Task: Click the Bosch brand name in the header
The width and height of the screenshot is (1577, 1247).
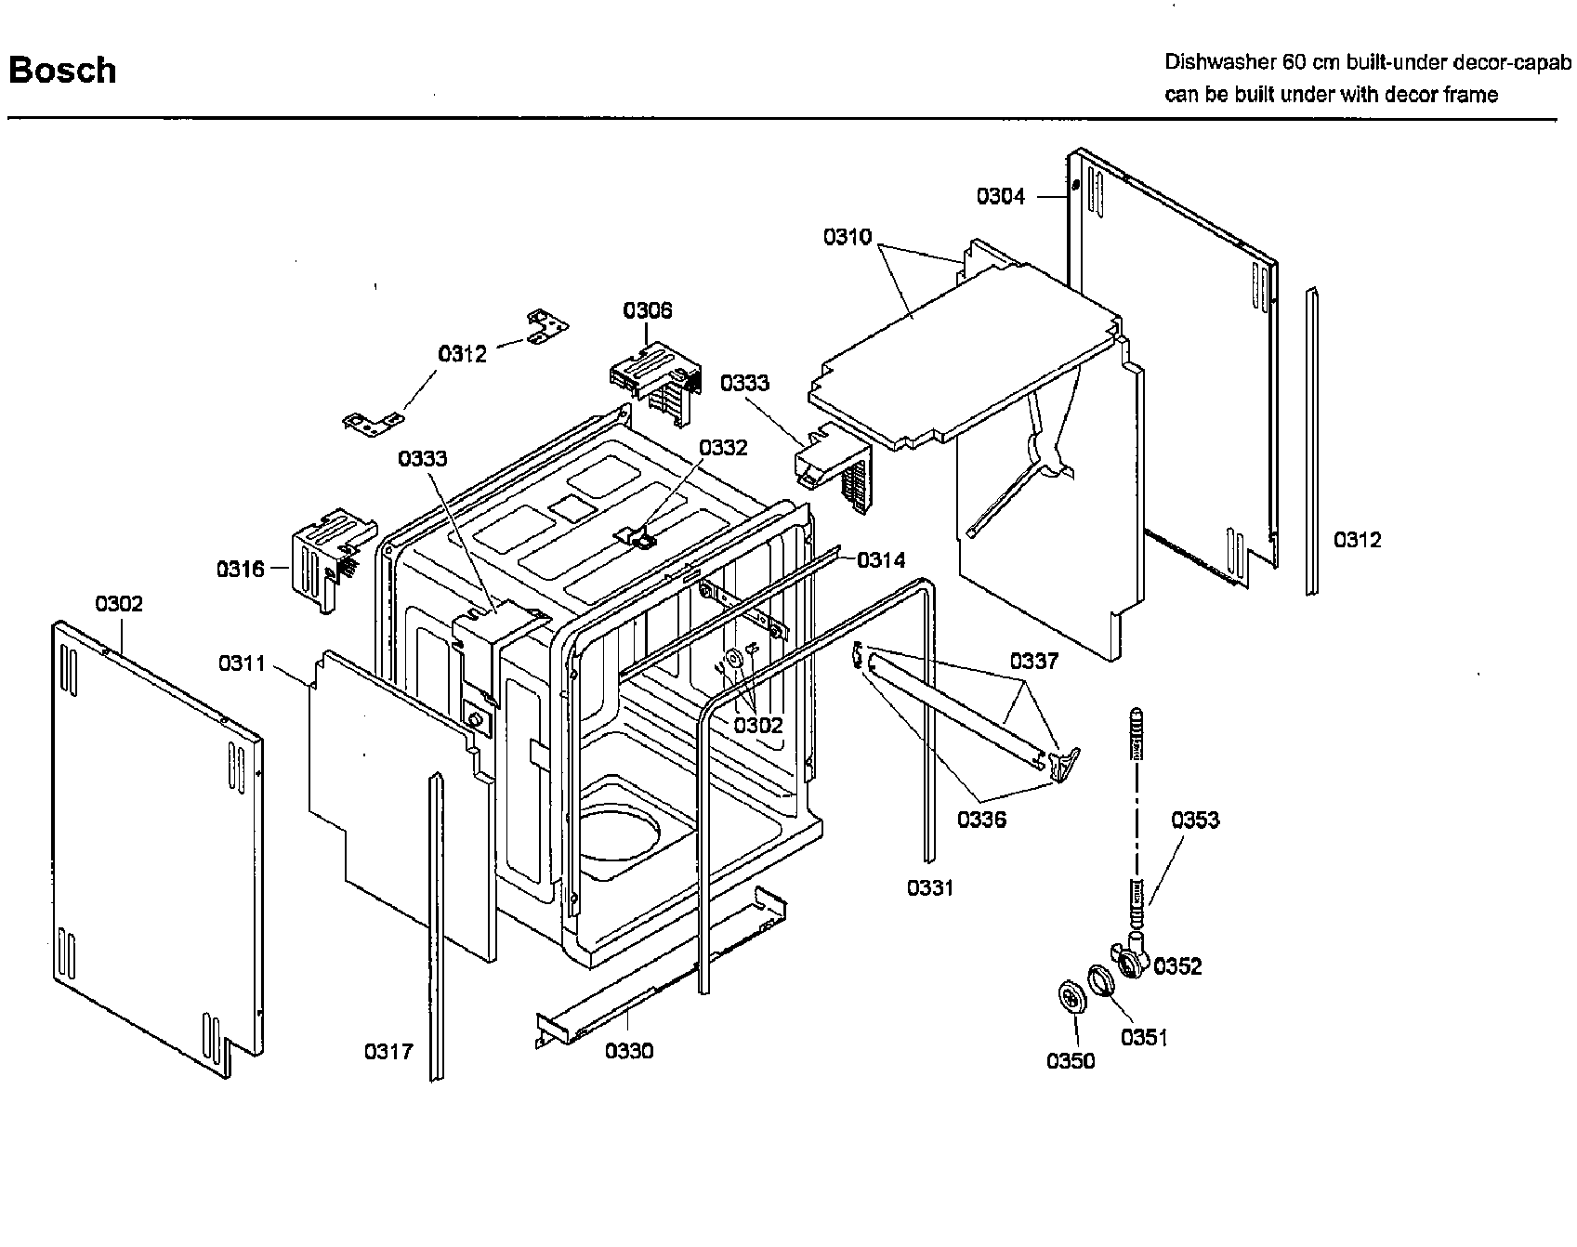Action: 62,71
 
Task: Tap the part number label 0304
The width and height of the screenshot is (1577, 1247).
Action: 1000,196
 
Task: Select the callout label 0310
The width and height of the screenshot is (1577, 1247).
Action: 847,237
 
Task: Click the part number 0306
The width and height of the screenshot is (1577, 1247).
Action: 648,310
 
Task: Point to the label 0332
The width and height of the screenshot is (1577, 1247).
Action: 723,448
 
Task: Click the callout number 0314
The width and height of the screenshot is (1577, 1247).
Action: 881,559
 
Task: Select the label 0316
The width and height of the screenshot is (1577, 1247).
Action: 241,569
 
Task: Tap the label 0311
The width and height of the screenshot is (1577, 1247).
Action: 242,663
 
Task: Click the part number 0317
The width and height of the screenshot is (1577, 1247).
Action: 388,1052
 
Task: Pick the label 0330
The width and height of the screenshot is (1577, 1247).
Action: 629,1051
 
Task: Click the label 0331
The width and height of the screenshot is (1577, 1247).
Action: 930,888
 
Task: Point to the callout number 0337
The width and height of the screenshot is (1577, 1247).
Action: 1034,662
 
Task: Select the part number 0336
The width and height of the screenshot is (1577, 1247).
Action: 982,820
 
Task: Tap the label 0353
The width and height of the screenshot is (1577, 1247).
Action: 1195,820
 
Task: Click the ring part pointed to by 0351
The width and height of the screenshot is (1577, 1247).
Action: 1099,980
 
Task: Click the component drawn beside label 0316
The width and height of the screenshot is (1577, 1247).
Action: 324,558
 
